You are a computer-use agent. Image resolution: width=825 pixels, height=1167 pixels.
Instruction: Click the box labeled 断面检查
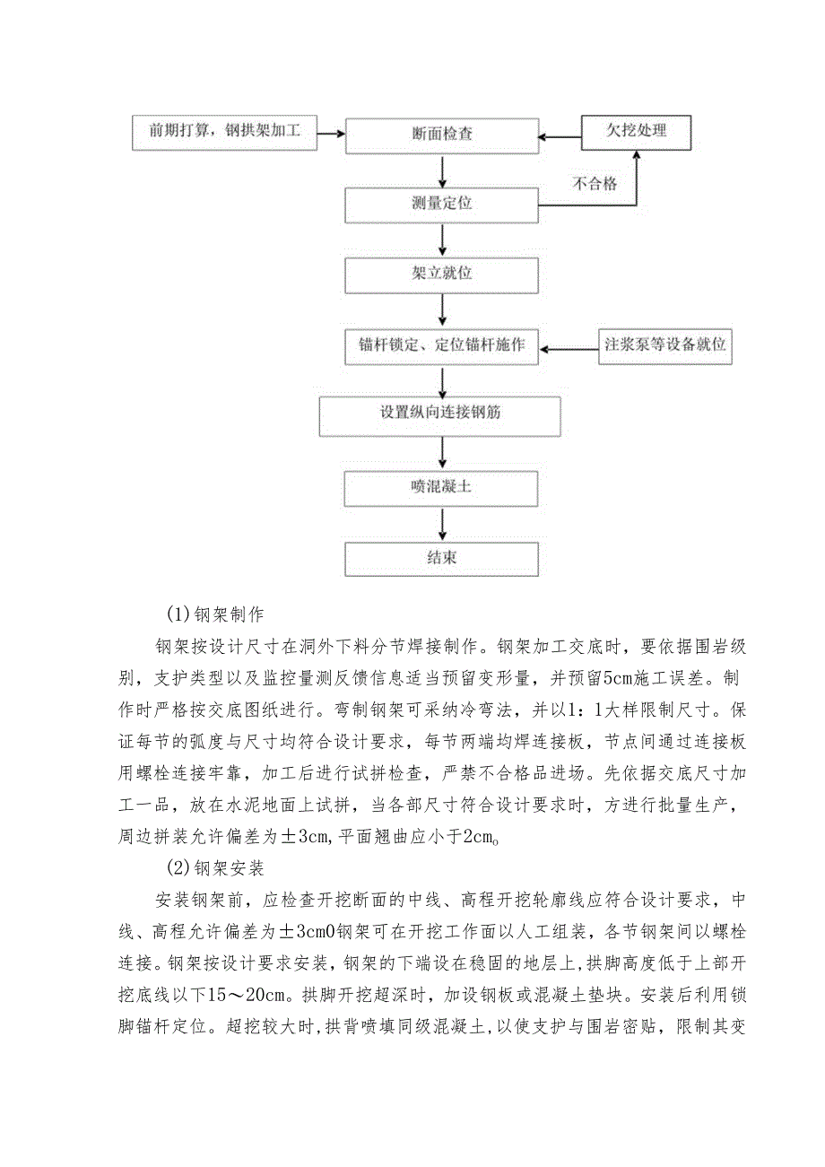click(442, 135)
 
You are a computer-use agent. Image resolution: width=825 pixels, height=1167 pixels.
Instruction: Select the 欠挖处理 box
click(636, 130)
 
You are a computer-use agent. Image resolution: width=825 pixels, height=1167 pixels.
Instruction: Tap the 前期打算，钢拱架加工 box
click(225, 132)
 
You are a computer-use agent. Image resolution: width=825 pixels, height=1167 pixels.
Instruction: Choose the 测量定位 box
click(442, 204)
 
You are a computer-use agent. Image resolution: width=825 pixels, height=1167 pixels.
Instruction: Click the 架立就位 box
click(442, 274)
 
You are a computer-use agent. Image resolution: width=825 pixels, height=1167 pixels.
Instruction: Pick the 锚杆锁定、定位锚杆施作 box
click(442, 345)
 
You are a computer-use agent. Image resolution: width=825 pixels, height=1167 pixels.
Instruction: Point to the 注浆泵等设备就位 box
click(664, 345)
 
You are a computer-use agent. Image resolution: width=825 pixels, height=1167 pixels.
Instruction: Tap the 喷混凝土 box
click(442, 488)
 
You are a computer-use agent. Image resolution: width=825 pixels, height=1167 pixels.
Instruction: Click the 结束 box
click(442, 558)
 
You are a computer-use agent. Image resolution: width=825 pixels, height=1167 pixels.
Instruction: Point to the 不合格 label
click(595, 185)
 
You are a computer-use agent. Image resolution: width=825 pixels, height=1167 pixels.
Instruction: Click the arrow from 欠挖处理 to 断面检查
click(560, 137)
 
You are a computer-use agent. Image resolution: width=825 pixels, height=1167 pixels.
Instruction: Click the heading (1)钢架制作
click(213, 615)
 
